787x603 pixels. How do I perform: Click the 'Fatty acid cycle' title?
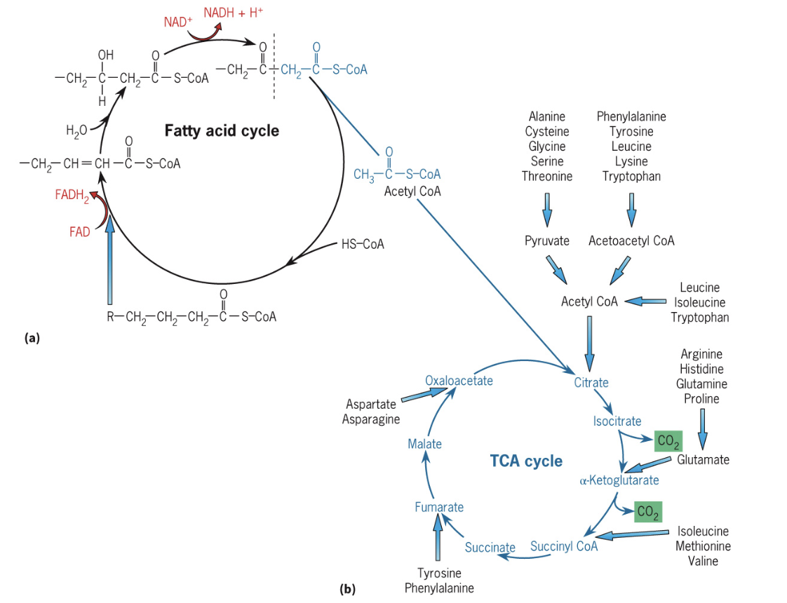click(x=222, y=131)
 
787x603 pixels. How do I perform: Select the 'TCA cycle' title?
click(x=526, y=461)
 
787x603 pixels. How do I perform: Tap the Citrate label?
click(x=591, y=383)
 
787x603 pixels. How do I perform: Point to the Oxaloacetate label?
click(x=459, y=381)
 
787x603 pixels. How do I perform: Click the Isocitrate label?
click(x=617, y=421)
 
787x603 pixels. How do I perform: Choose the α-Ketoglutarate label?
click(x=619, y=480)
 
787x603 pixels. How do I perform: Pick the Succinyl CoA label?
click(x=564, y=546)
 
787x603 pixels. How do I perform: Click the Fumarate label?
click(x=438, y=507)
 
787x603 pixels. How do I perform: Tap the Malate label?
click(x=424, y=444)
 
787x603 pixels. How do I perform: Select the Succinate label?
click(x=490, y=547)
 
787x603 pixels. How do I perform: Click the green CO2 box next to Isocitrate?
click(x=667, y=442)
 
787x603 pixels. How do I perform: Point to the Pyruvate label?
click(x=547, y=241)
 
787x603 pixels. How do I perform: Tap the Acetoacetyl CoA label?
click(x=631, y=241)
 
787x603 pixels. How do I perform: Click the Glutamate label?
click(x=703, y=460)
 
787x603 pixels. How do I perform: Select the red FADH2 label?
click(x=72, y=196)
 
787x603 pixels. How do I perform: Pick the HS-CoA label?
click(x=363, y=245)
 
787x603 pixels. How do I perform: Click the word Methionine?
click(x=703, y=546)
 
